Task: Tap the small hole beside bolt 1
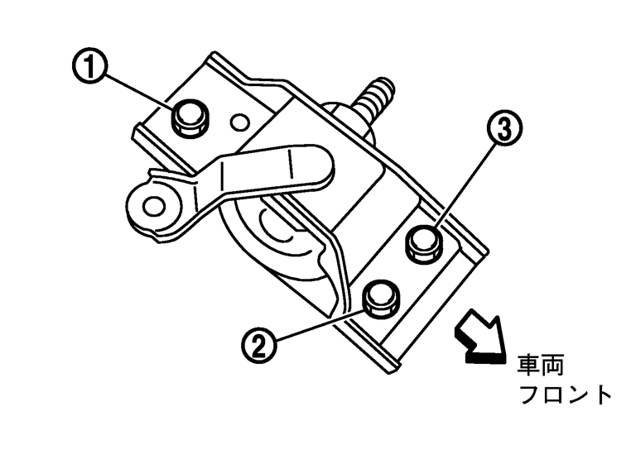(x=240, y=122)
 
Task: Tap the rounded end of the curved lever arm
(x=318, y=165)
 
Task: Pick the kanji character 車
(x=530, y=365)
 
